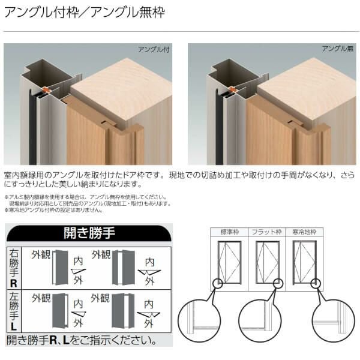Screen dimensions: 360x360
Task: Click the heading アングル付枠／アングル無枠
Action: click(x=84, y=12)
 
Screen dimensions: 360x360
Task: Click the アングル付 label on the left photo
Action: click(x=154, y=50)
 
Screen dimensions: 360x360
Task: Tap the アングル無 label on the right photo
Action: click(x=337, y=49)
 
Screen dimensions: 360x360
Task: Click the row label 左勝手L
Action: click(x=13, y=310)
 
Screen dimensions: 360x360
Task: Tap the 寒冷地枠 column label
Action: click(x=304, y=232)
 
